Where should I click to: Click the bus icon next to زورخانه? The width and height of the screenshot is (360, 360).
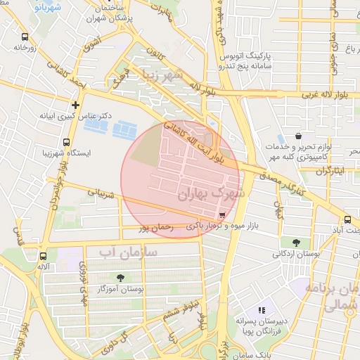pos(25,37)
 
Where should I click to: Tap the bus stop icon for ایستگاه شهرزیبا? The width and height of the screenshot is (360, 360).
pos(66,142)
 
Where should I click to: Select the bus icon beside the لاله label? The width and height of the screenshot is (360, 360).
pos(44,257)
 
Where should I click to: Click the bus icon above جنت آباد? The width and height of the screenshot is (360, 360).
pos(347,219)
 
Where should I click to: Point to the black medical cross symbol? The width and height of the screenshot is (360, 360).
pos(75,104)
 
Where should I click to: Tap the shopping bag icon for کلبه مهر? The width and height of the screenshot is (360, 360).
pos(299,136)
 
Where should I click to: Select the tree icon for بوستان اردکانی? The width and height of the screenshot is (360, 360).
pos(303,243)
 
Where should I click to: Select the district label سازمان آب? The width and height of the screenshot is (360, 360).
pos(129,251)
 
